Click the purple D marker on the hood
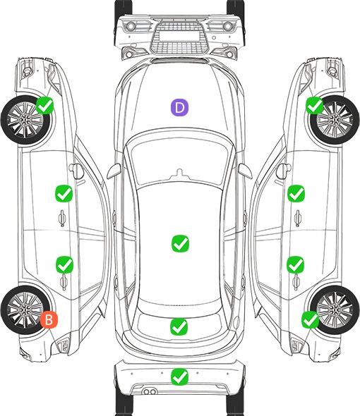click(179, 107)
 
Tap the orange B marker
click(49, 319)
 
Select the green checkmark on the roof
click(181, 243)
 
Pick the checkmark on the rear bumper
click(180, 377)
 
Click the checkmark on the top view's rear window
click(179, 326)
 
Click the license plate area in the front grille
click(179, 36)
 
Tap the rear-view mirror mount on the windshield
click(180, 174)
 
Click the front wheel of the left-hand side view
click(25, 120)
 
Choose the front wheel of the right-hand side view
click(335, 120)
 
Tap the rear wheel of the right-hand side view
click(335, 310)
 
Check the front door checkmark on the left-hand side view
click(64, 193)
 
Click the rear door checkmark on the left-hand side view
click(64, 264)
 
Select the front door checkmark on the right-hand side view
click(296, 193)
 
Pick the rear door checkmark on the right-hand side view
click(296, 264)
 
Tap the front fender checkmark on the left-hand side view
click(45, 105)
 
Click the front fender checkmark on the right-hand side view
click(315, 105)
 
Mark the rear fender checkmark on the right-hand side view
click(311, 319)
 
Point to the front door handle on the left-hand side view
click(62, 218)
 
